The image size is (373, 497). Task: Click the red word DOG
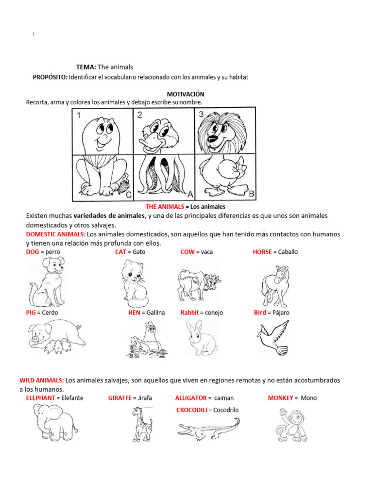click(33, 252)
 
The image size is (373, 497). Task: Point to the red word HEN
click(134, 313)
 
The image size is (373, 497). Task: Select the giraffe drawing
click(142, 424)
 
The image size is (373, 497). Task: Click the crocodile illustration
click(209, 429)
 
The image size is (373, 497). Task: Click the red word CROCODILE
click(194, 410)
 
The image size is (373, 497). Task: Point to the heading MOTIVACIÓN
click(186, 94)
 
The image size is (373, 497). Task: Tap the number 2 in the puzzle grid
click(139, 115)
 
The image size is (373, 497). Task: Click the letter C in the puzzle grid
click(129, 196)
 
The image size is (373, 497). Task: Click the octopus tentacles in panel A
click(164, 177)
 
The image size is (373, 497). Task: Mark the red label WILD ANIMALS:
click(42, 380)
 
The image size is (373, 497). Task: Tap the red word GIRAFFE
click(120, 398)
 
